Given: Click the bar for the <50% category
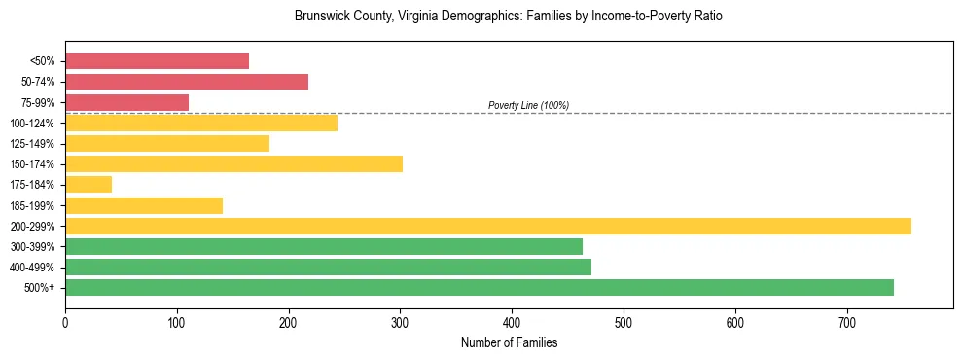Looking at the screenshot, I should coord(157,61).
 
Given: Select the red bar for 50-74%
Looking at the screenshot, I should coord(187,82).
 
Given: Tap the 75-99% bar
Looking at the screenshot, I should coord(126,102).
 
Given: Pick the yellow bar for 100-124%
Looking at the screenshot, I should coord(200,123).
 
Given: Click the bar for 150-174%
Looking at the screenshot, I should coord(233,163).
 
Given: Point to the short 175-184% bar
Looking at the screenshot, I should coord(89,184).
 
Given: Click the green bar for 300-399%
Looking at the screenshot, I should coord(324,246).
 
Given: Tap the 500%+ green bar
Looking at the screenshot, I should coord(480,287).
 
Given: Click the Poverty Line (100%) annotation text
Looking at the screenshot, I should coord(528,105).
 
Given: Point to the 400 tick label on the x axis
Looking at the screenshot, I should coord(512,322).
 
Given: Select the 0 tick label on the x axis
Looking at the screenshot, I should coord(65,322).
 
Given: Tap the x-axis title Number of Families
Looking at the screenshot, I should coord(509,342).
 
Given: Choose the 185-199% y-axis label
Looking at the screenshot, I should coord(34,205).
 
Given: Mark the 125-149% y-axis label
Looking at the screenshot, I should coord(34,143).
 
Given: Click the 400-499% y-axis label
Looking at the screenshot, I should coord(34,267).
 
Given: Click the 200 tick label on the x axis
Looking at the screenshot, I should coord(288,322).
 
